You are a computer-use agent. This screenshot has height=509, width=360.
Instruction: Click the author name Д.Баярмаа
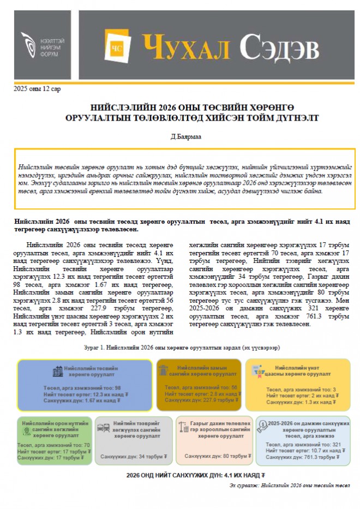179,136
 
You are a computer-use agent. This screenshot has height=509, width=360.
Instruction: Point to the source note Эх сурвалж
289,485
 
